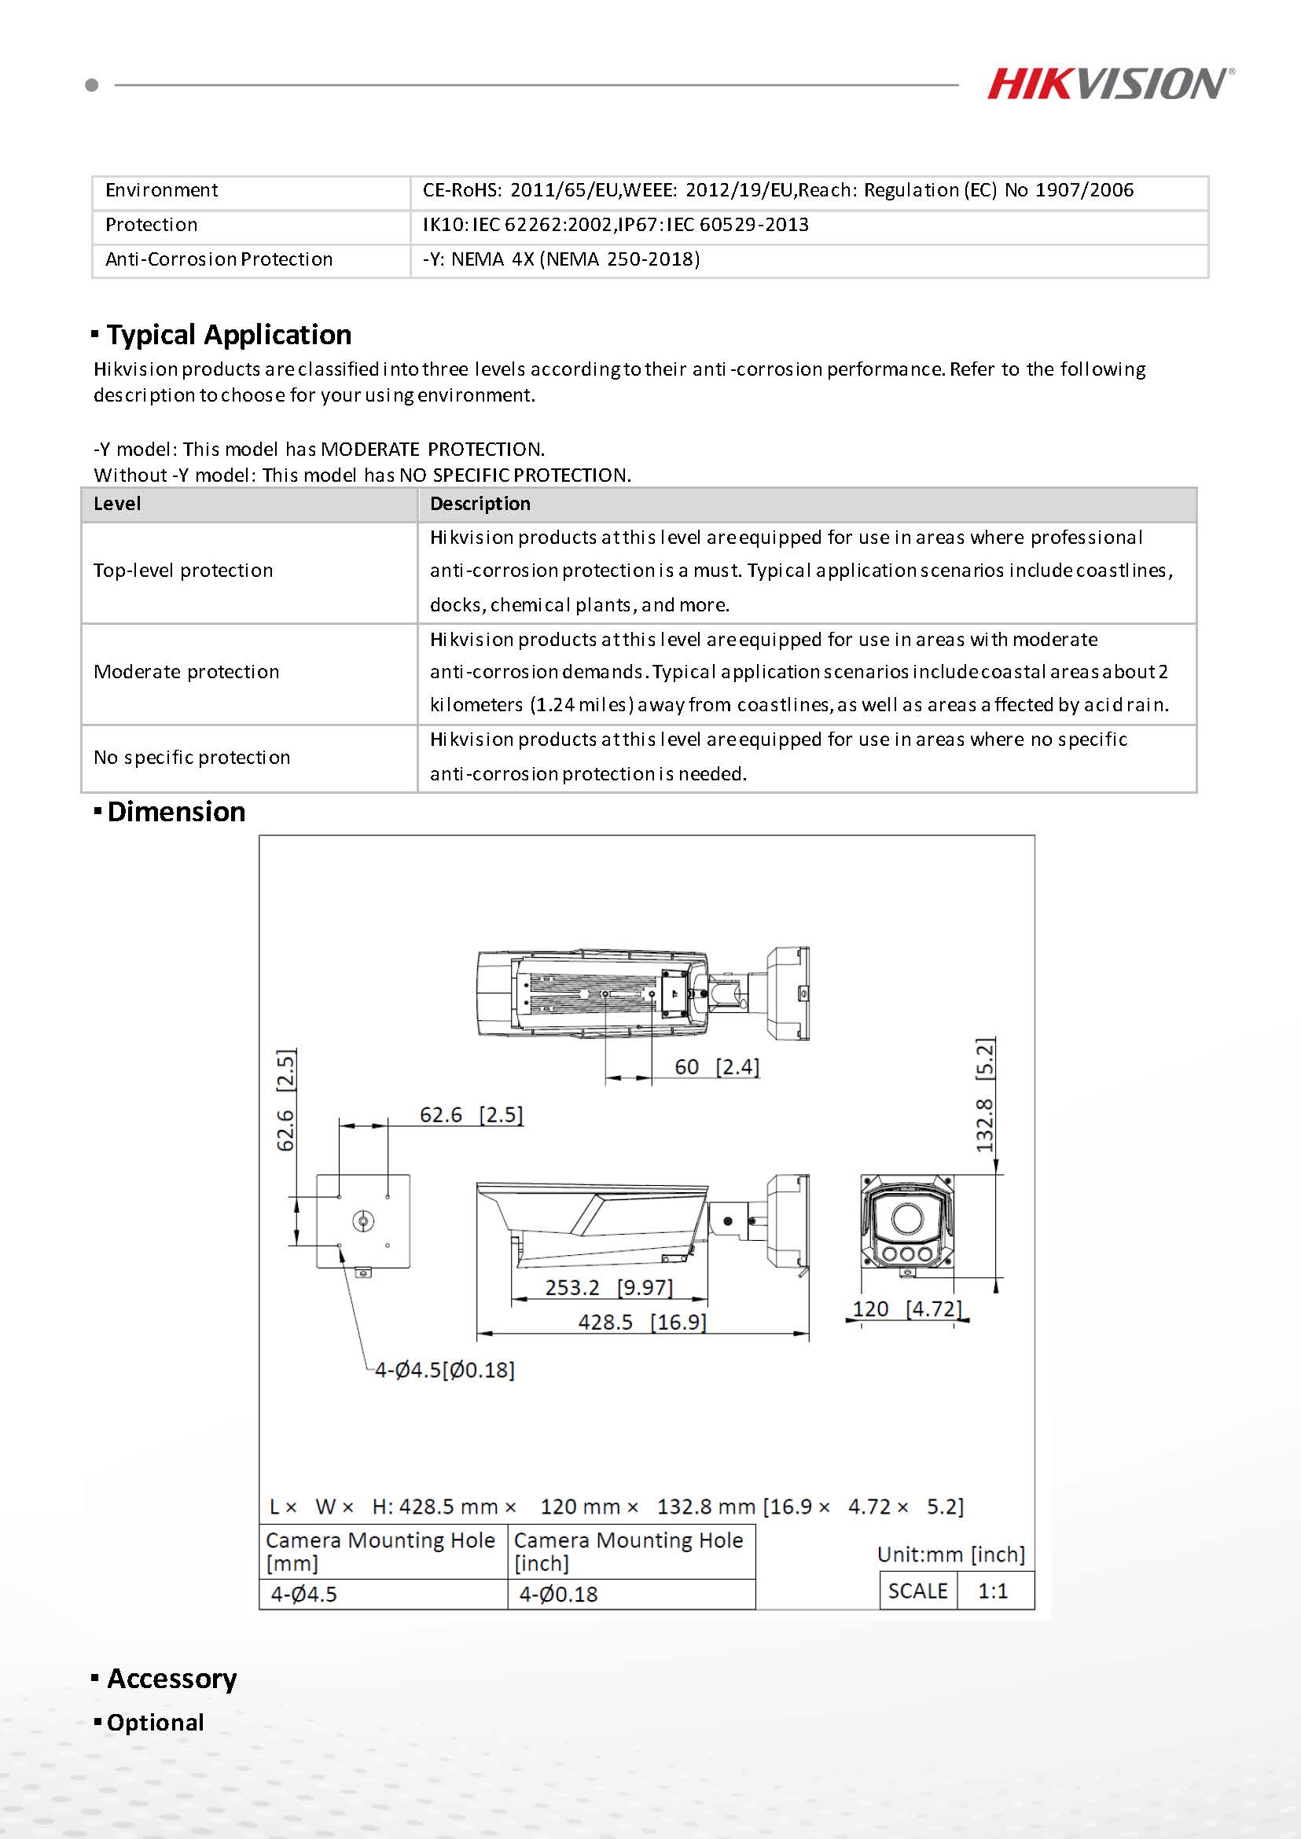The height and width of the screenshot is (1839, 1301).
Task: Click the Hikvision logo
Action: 1109,83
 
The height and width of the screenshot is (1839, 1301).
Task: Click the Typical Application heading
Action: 228,334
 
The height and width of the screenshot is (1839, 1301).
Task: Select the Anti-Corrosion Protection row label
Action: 219,259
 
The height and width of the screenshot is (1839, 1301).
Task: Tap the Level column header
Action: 117,504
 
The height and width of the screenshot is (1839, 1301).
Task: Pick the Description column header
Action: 480,504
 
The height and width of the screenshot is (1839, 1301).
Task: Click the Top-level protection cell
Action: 183,571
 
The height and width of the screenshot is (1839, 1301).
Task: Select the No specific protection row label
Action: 192,758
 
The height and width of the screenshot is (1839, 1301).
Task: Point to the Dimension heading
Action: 175,812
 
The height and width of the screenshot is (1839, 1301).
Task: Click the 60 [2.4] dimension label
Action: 716,1067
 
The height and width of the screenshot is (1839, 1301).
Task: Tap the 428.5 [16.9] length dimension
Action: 641,1322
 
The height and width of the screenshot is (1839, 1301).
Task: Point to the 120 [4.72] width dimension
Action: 906,1309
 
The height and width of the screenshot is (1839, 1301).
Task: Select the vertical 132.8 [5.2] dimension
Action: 984,1095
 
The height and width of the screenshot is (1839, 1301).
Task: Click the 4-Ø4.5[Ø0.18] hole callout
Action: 445,1370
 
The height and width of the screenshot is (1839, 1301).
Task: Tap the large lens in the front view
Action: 906,1218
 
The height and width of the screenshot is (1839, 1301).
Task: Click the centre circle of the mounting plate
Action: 363,1221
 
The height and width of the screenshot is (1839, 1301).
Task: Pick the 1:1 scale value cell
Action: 993,1591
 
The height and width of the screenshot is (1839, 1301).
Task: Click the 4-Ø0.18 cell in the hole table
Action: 558,1595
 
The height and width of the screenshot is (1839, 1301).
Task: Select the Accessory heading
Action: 171,1679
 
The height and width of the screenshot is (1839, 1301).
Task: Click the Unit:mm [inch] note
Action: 951,1555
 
